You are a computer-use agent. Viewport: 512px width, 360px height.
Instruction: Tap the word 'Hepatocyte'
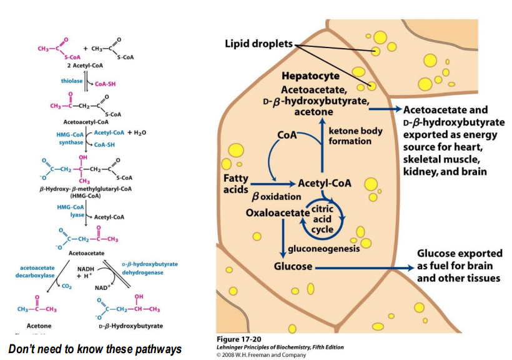(310, 76)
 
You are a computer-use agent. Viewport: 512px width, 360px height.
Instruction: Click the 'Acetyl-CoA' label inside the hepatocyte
(324, 184)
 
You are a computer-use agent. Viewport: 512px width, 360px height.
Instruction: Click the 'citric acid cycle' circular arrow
(323, 219)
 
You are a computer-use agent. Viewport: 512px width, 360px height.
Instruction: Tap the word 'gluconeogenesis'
(323, 248)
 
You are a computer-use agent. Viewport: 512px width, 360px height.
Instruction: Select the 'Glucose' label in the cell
(293, 266)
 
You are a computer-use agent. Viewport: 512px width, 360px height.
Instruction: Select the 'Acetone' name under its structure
(39, 326)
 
